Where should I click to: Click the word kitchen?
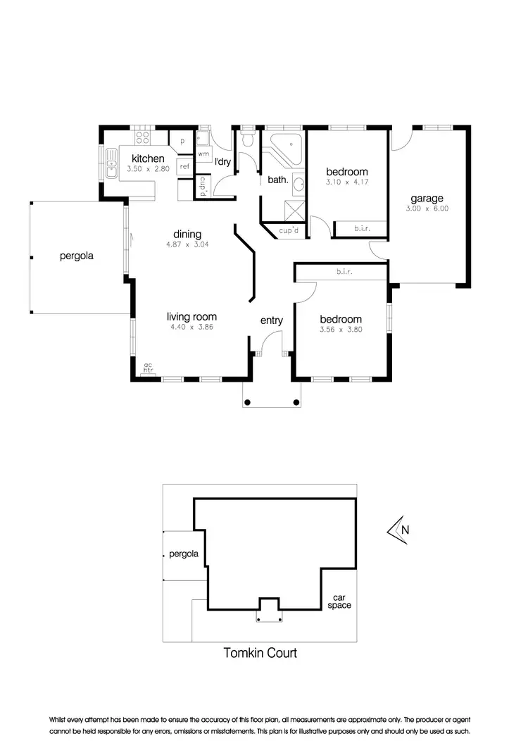pyautogui.click(x=148, y=159)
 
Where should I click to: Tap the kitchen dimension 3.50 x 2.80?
pyautogui.click(x=148, y=170)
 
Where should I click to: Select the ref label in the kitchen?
pyautogui.click(x=184, y=166)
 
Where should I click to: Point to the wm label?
pyautogui.click(x=203, y=153)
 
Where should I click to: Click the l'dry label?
pyautogui.click(x=222, y=163)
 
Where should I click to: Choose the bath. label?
pyautogui.click(x=277, y=180)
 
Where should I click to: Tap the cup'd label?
pyautogui.click(x=289, y=230)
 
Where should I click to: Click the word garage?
pyautogui.click(x=427, y=198)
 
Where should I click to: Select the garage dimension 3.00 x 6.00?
pyautogui.click(x=427, y=208)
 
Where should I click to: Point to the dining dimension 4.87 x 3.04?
pyautogui.click(x=187, y=245)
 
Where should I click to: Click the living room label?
pyautogui.click(x=191, y=317)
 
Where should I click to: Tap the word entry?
pyautogui.click(x=272, y=320)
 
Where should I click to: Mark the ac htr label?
pyautogui.click(x=148, y=367)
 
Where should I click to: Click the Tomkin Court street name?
pyautogui.click(x=260, y=653)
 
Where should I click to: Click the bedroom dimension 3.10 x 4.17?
pyautogui.click(x=346, y=182)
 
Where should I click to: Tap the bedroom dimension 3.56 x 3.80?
pyautogui.click(x=340, y=329)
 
